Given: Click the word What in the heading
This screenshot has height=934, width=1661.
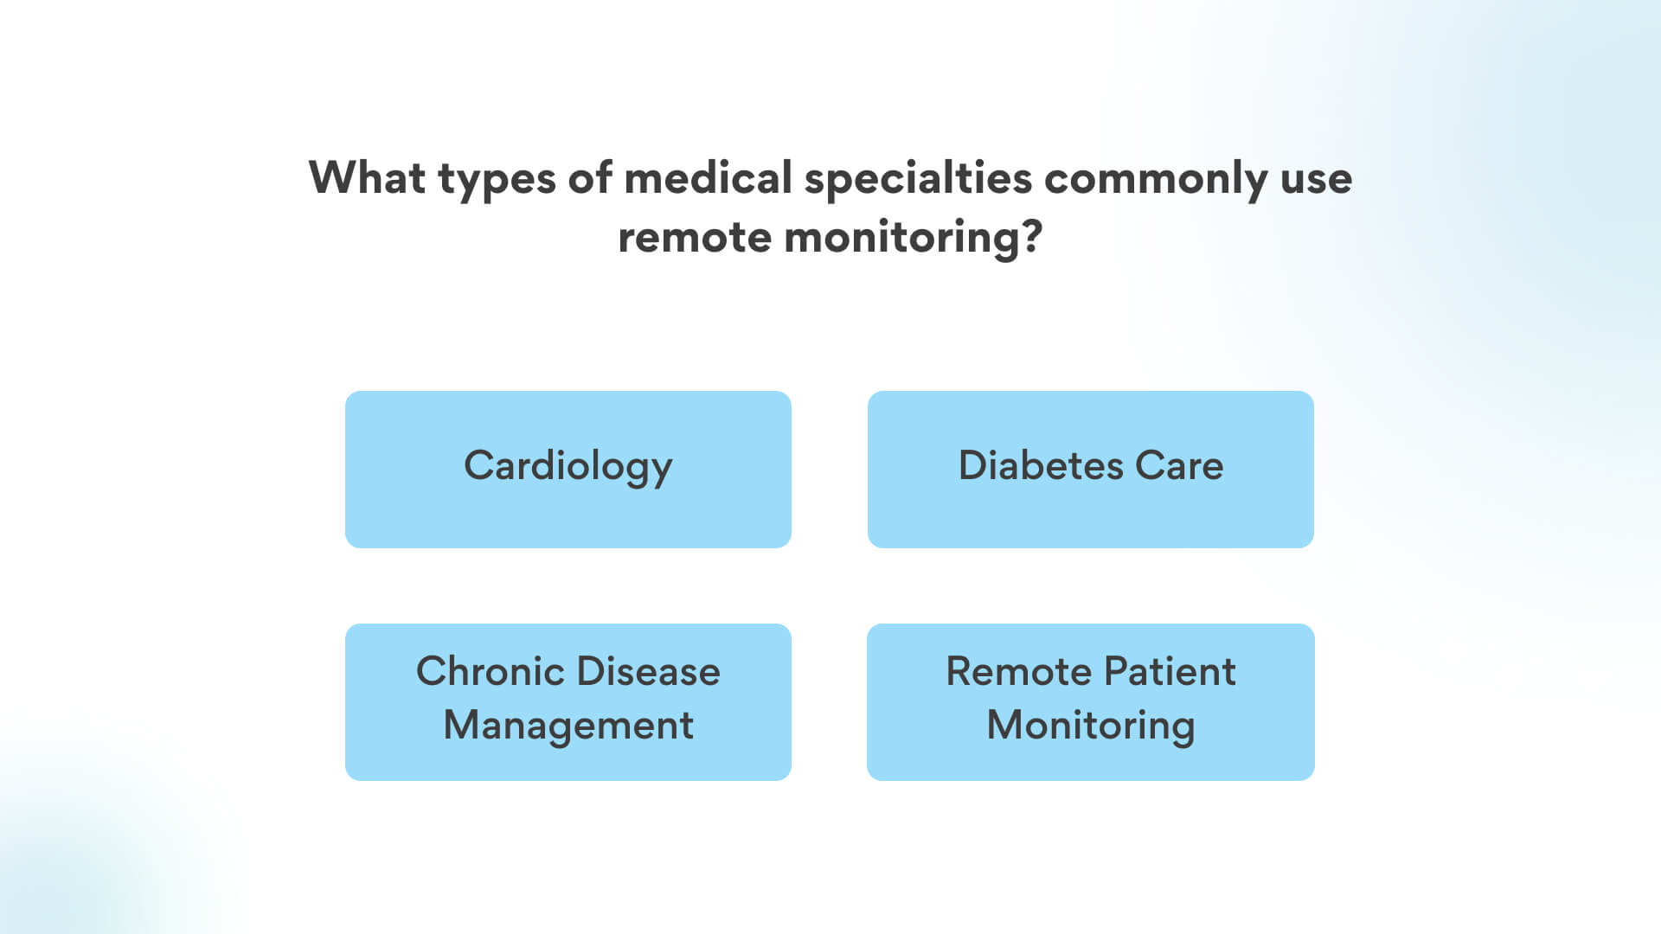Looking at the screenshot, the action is click(x=367, y=177).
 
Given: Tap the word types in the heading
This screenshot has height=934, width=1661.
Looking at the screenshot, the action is click(x=497, y=181).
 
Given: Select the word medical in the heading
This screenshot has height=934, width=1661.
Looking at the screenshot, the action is click(x=708, y=177).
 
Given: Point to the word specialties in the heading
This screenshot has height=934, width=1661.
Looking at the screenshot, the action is click(x=918, y=180).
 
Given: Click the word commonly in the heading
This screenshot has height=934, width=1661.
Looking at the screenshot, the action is click(x=1156, y=181).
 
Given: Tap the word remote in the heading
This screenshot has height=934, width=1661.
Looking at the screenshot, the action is click(x=694, y=237).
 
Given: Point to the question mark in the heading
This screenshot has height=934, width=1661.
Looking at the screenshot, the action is click(x=1032, y=236).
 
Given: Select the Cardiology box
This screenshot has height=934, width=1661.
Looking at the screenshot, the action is click(x=568, y=469).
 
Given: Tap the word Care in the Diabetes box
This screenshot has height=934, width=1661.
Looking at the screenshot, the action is click(x=1179, y=465).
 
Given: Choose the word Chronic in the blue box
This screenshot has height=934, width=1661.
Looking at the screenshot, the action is click(x=491, y=671).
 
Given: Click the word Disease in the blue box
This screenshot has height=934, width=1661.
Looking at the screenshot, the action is click(x=649, y=671).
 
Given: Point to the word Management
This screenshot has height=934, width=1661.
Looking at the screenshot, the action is click(x=568, y=726).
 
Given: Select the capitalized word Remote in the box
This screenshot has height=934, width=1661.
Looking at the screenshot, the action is click(x=1018, y=671).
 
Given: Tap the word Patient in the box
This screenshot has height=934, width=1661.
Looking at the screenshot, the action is click(x=1170, y=671).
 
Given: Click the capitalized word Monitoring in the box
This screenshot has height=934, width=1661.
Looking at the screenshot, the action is click(x=1091, y=726).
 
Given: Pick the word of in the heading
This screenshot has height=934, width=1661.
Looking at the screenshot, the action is click(x=590, y=177).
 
